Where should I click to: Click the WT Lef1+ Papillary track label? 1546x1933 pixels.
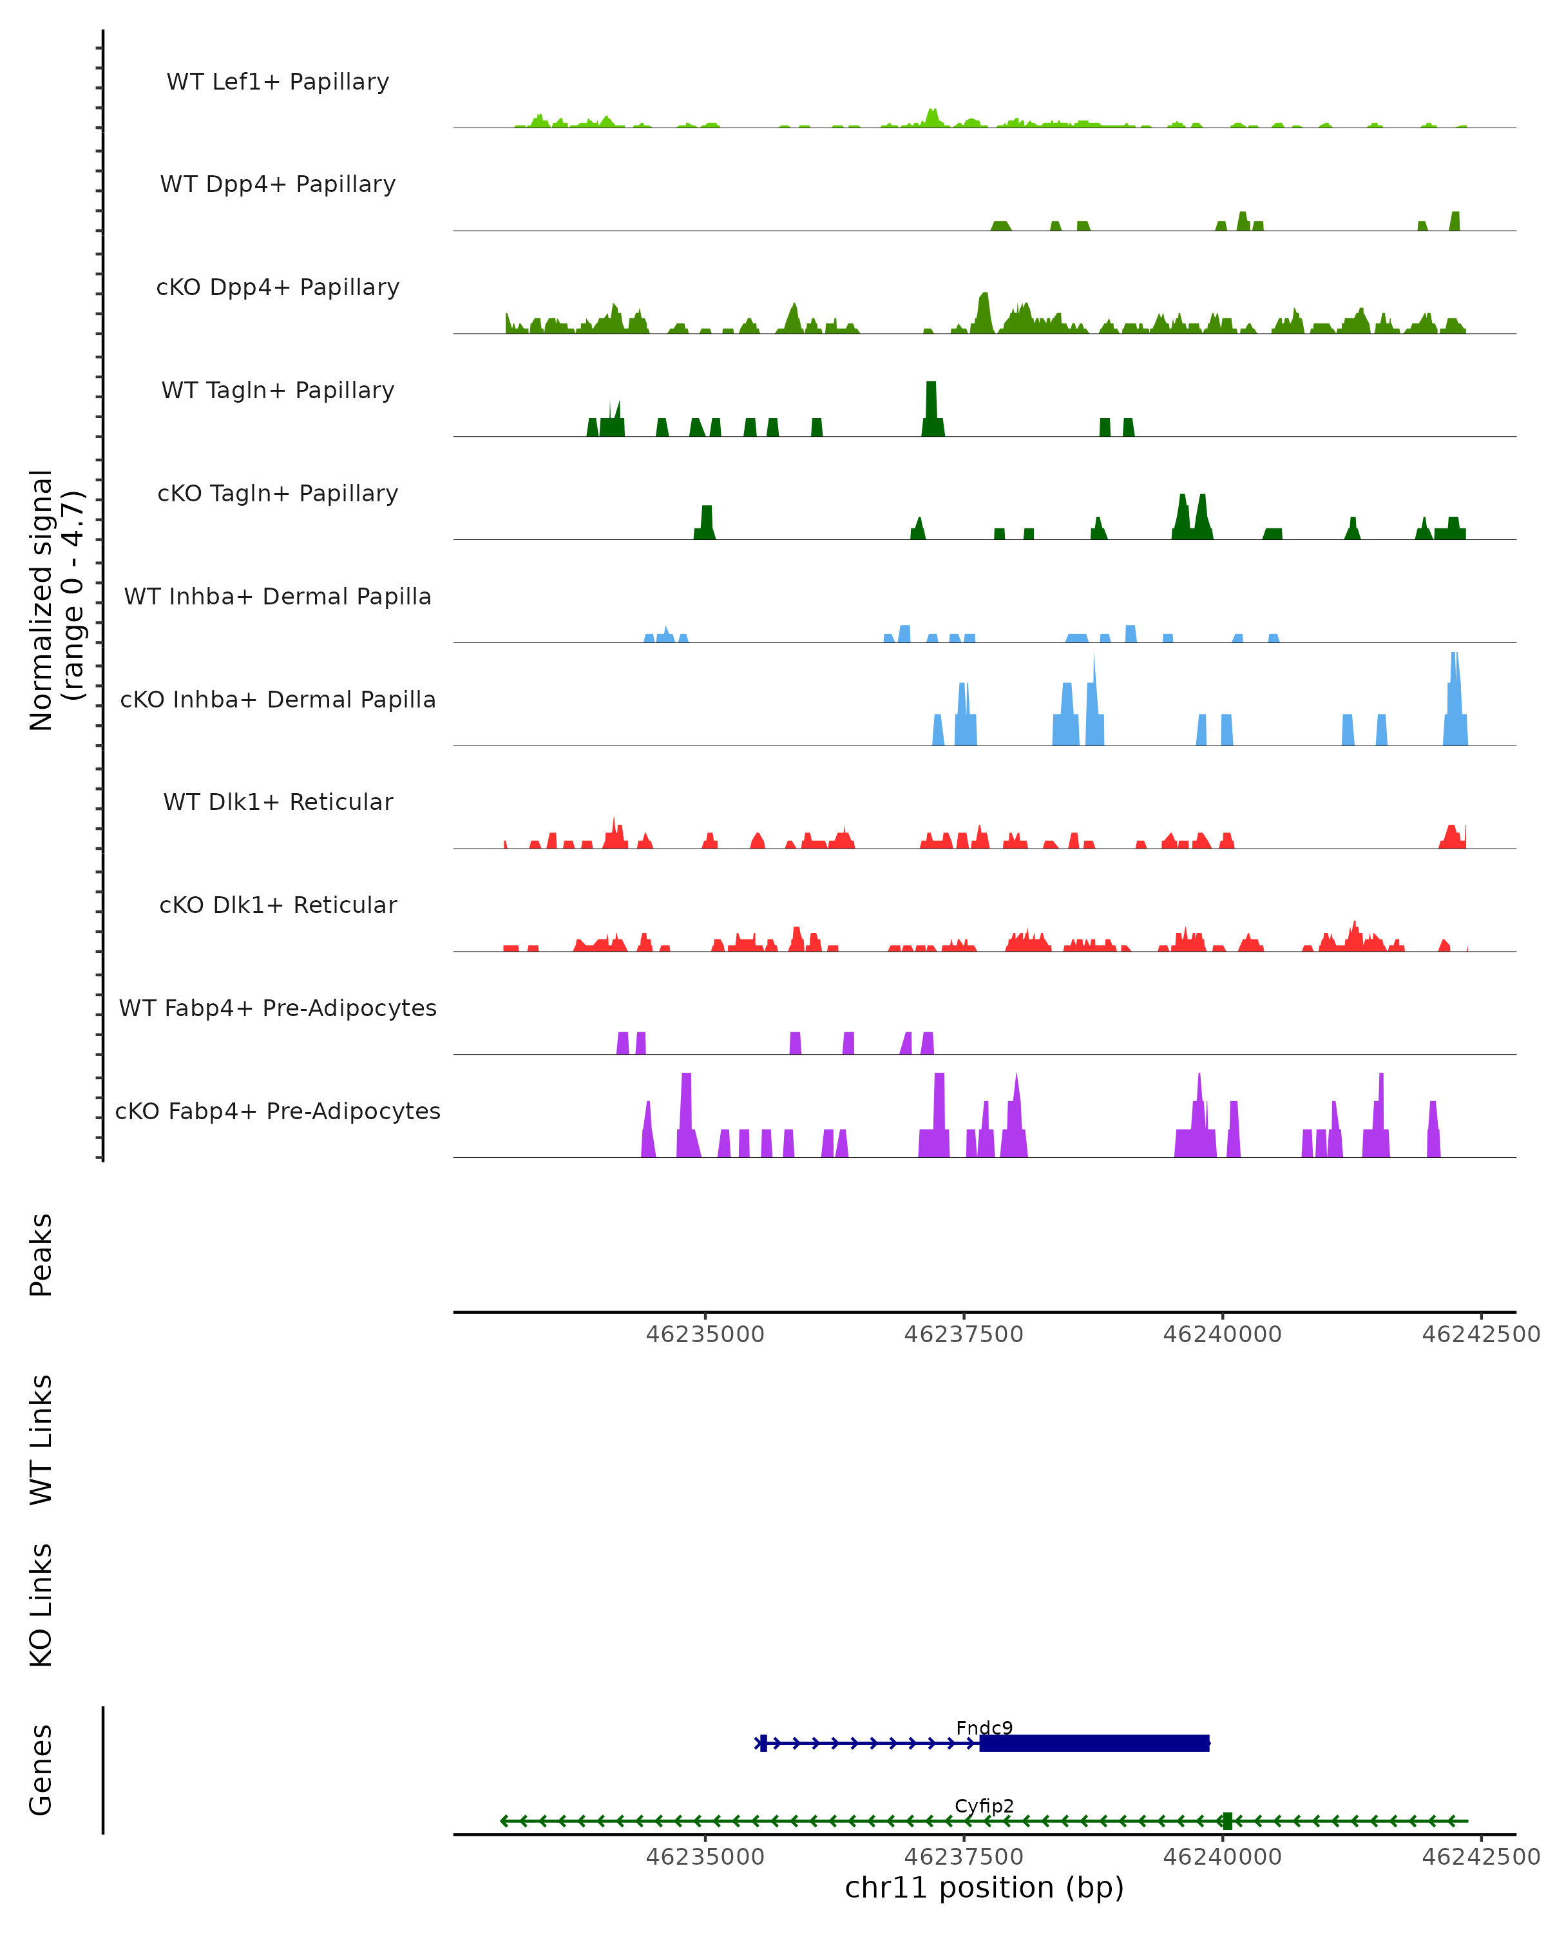[278, 82]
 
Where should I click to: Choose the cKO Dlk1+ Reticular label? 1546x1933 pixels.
[278, 905]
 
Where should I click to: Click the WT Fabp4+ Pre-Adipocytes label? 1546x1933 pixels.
[278, 1008]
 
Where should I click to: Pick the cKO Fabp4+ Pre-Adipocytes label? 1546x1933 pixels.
[278, 1111]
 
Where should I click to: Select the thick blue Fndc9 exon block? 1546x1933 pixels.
[1093, 1743]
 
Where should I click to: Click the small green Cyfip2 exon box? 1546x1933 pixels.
[1227, 1821]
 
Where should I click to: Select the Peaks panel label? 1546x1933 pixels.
[41, 1255]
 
